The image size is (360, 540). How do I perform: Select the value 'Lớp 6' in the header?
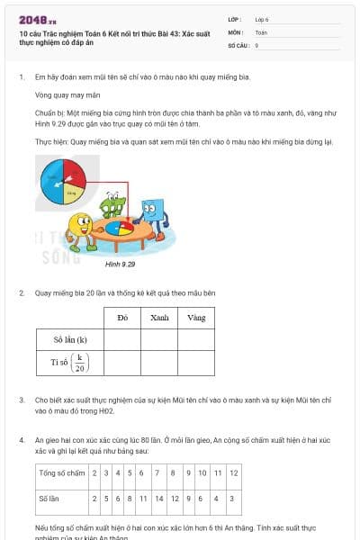tap(262, 19)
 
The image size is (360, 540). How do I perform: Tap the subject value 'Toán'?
tap(261, 31)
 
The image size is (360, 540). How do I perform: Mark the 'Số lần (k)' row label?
tap(70, 339)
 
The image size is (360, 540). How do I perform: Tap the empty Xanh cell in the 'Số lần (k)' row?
tap(159, 339)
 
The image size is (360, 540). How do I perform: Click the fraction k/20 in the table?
tap(80, 363)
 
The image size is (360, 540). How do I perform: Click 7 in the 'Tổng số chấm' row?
tap(158, 472)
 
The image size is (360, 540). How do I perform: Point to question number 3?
tap(22, 398)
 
